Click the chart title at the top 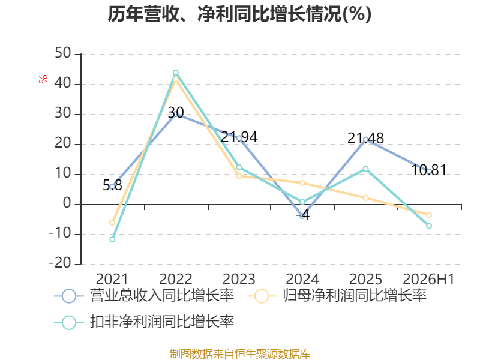239,14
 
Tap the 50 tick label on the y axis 63,53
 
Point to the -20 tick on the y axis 60,263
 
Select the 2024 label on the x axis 302,279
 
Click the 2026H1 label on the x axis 428,279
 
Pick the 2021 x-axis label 112,279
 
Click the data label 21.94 239,137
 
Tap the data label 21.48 365,139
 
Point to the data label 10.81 428,170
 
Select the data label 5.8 112,185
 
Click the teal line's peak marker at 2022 176,73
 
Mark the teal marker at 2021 112,239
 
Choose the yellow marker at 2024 302,183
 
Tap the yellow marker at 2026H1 429,215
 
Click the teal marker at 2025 366,169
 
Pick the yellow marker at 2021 112,223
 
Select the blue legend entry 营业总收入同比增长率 144,296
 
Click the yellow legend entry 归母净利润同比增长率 337,296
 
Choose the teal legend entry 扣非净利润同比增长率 144,322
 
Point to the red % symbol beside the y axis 43,79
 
